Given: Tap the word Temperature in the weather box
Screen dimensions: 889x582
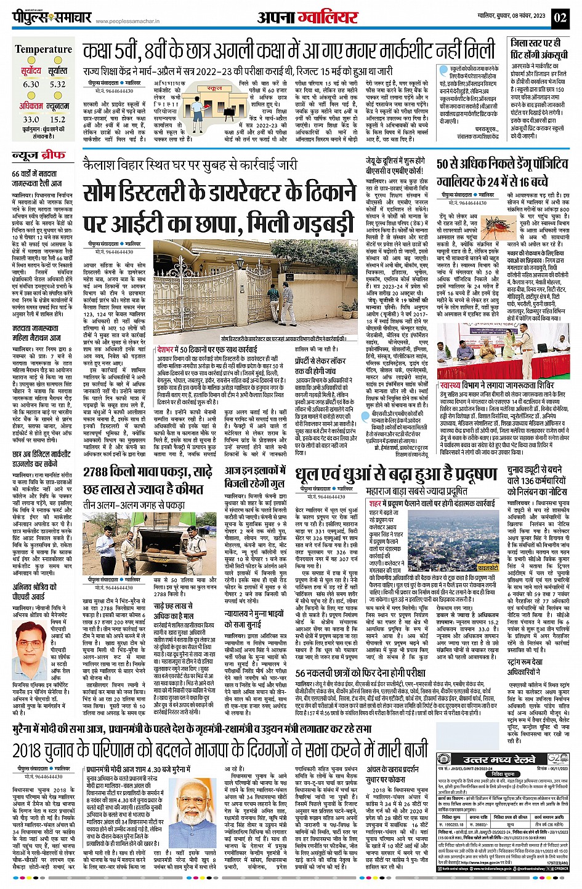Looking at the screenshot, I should click(x=43, y=49).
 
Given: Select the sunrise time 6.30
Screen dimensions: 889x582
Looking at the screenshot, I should click(x=31, y=84).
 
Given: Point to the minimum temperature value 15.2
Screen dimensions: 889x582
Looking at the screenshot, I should click(x=57, y=119).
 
